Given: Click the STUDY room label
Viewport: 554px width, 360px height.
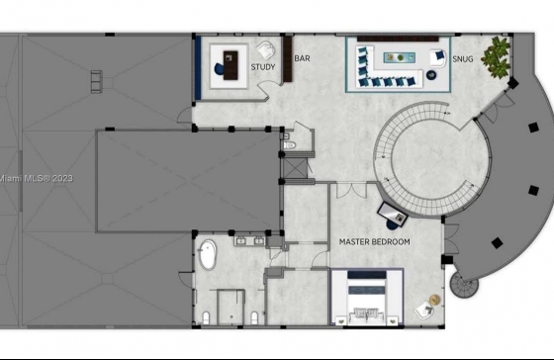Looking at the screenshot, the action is [263, 67].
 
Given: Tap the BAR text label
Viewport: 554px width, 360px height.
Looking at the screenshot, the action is [302, 58].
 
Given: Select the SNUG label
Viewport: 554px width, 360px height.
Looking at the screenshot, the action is [463, 59].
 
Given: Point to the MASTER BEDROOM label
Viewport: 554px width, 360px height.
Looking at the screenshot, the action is [375, 241].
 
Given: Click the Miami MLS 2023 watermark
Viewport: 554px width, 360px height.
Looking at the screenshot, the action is [36, 178].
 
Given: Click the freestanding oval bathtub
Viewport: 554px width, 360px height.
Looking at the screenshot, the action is [208, 255].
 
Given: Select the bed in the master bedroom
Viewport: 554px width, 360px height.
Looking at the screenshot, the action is [366, 297].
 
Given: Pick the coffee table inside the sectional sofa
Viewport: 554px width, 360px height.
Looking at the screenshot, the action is [400, 57].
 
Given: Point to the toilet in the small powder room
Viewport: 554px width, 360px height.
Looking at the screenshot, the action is [289, 144].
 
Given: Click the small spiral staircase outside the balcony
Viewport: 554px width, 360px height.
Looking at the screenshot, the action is [464, 285].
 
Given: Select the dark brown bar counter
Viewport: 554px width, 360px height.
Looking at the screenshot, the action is [288, 59].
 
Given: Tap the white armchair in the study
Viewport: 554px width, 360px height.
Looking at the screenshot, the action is [266, 50].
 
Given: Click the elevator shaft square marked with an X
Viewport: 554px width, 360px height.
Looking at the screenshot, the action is [296, 168].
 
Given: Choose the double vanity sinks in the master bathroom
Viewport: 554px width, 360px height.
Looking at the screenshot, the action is [249, 240].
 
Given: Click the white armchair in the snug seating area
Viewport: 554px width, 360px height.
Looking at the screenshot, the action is [438, 57].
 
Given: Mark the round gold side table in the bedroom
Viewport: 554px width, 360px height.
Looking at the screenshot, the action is [435, 300].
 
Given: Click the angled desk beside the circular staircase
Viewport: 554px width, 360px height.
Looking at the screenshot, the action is [392, 214].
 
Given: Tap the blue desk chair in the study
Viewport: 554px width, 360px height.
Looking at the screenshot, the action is [219, 68].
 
